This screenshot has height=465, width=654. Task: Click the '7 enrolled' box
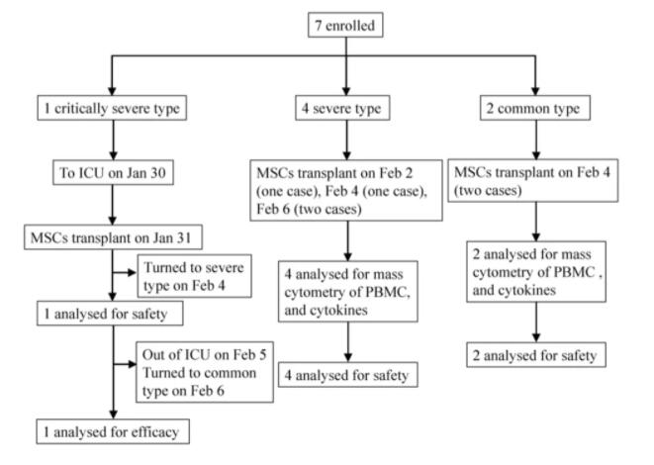click(343, 23)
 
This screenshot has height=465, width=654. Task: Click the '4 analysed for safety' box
click(343, 376)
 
